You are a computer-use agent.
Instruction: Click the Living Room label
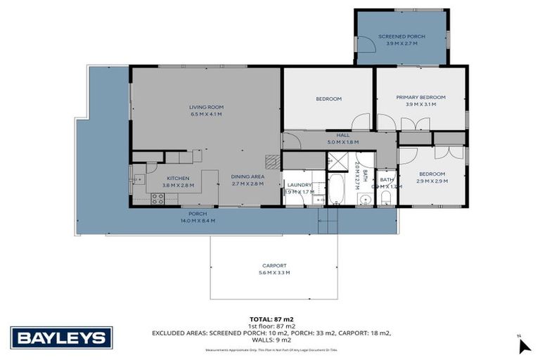tap(206, 107)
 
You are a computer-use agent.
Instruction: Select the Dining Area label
tap(247, 176)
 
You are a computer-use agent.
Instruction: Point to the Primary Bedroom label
tap(420, 97)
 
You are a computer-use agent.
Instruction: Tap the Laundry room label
tap(299, 185)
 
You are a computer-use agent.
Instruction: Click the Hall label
tap(342, 135)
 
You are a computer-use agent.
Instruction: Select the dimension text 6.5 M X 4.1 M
tap(206, 114)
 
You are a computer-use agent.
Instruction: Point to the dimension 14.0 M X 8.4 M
tap(198, 220)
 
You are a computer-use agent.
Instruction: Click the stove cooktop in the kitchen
tap(157, 199)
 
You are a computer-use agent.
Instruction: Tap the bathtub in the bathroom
tap(335, 188)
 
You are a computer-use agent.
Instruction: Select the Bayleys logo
tap(61, 338)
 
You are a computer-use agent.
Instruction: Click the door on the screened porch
tap(365, 44)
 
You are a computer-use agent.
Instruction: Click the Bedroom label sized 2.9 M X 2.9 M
tap(432, 174)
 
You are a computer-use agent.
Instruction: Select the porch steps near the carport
tap(328, 224)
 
